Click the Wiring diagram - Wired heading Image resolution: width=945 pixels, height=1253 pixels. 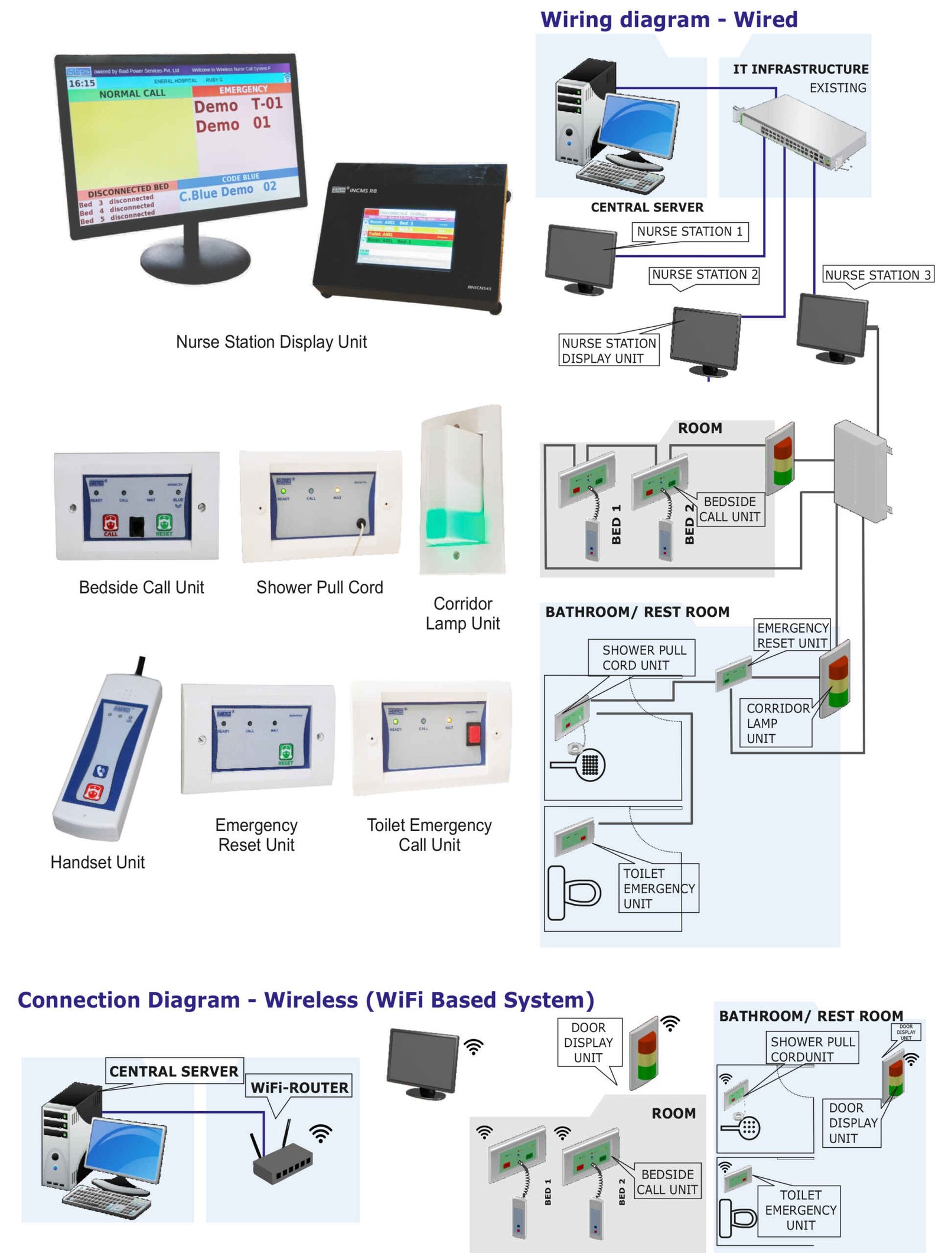click(x=668, y=19)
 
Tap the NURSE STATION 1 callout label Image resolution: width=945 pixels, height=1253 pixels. click(x=689, y=231)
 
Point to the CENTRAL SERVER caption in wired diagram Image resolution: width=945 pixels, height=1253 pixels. click(x=646, y=207)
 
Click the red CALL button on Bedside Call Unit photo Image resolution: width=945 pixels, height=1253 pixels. click(x=110, y=523)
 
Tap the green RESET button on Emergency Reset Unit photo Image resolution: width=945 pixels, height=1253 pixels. click(x=285, y=753)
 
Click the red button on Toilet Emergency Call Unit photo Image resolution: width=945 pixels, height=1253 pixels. click(x=473, y=734)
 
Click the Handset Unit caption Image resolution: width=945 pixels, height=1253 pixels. click(x=97, y=862)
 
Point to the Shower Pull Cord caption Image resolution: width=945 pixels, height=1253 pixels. click(x=319, y=587)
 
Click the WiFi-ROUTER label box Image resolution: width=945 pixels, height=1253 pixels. click(x=299, y=1087)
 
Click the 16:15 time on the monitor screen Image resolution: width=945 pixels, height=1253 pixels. click(x=82, y=83)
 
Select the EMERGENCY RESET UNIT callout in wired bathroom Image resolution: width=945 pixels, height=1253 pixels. click(x=791, y=635)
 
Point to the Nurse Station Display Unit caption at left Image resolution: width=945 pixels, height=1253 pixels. click(x=271, y=341)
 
